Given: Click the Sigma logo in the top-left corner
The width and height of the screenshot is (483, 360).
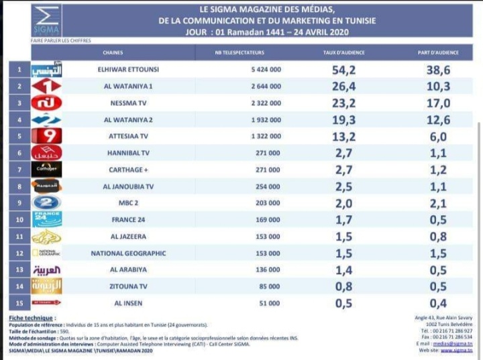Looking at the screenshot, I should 46,20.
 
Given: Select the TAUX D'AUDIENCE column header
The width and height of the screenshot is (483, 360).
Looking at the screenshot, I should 338,52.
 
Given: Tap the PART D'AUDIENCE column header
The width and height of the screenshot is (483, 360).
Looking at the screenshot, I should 437,52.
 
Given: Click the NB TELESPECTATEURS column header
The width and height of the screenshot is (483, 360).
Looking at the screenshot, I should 239,52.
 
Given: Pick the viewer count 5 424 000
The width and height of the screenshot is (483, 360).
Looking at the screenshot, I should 265,70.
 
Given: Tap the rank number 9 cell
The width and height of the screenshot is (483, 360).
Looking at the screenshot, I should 19,202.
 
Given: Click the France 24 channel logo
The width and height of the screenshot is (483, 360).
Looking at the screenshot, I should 47,219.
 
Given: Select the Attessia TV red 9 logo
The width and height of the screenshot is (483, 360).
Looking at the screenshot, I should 47,136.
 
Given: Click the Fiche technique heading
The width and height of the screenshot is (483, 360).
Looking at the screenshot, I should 32,318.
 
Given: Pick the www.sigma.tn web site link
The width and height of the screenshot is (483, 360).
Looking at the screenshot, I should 457,349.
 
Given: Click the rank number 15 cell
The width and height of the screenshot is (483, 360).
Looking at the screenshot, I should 19,302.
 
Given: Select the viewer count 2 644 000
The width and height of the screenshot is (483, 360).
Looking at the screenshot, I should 265,86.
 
